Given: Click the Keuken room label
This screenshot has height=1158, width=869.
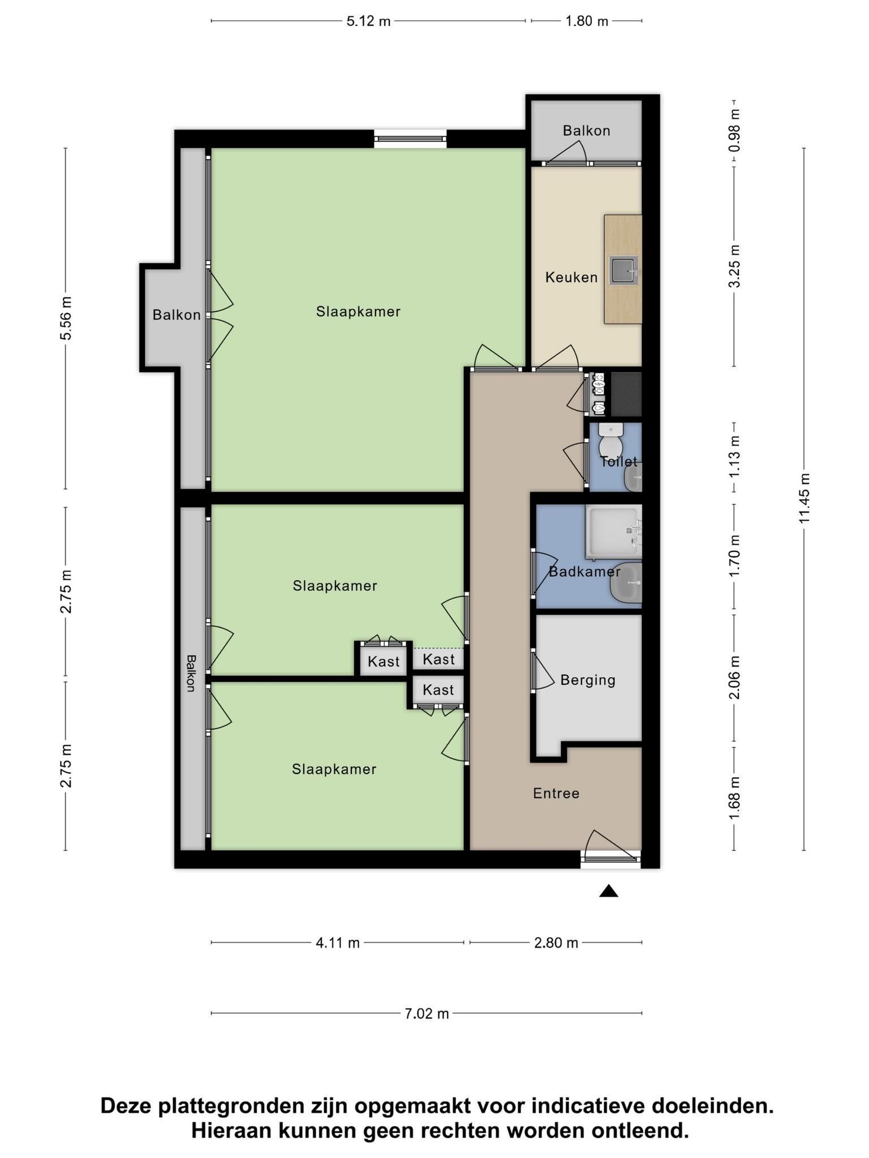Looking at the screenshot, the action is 571,277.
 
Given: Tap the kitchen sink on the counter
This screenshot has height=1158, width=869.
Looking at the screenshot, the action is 624,270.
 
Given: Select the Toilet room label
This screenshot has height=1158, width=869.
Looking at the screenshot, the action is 618,461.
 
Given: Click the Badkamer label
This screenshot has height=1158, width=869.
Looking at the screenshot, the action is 584,572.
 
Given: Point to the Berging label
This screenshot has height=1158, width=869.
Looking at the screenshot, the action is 588,680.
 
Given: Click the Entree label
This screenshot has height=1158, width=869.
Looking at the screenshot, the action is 556,793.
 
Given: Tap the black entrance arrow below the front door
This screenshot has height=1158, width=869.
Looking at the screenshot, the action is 609,891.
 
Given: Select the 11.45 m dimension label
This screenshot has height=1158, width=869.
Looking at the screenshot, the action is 805,498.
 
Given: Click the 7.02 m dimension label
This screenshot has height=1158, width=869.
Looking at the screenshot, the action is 427,1014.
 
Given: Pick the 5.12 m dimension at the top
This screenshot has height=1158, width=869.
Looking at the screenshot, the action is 368,21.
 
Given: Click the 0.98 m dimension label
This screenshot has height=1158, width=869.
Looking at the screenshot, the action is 734,131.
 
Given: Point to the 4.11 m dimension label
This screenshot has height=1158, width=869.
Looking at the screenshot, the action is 338,943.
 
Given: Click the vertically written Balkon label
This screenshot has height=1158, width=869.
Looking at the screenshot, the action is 191,673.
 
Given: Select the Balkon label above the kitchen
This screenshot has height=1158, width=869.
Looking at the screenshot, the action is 587,131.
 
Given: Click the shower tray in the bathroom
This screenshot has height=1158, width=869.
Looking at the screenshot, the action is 614,532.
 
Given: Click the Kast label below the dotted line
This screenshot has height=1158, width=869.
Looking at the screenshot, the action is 438,690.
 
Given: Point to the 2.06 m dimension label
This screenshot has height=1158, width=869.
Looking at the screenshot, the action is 734,677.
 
